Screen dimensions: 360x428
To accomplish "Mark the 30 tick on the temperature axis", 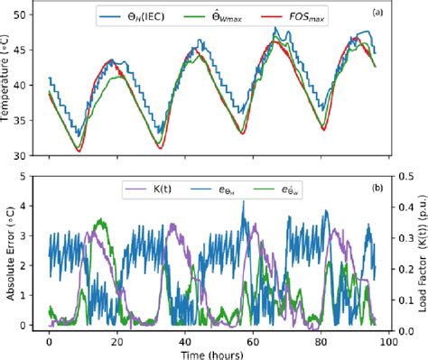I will [17, 155].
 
